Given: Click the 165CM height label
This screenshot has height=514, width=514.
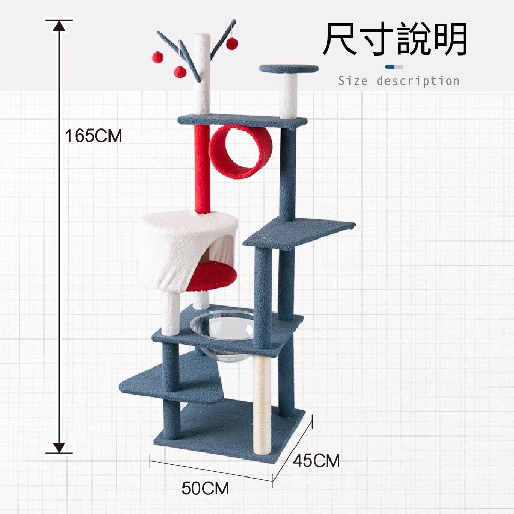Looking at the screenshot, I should [94, 136].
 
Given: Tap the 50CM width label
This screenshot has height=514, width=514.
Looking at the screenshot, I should [205, 488].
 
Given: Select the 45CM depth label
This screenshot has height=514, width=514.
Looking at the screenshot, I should [316, 461].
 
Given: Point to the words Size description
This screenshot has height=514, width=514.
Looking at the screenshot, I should [399, 81].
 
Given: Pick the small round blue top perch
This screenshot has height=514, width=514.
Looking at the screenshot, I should [288, 68].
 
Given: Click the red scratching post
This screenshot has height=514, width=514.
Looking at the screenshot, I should [201, 170].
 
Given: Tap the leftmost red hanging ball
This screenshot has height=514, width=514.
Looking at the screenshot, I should [156, 56].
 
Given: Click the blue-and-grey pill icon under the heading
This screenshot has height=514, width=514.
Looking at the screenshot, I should [394, 67].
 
